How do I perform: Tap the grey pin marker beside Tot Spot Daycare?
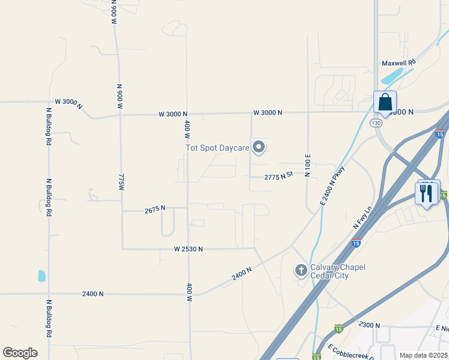pos(259,146)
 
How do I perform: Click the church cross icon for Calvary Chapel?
pos(301,271)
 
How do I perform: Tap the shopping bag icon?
pos(384,102)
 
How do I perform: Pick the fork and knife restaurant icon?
pos(427,193)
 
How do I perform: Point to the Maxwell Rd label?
pos(399,62)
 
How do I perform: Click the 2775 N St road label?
pos(279,176)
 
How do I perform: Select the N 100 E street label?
pos(307,163)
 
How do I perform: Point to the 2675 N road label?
pos(155,210)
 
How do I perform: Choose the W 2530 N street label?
pos(188,248)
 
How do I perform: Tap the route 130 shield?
pos(376,123)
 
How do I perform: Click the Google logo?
pos(20,353)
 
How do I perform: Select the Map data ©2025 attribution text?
pos(423,355)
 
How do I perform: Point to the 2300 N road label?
pos(369,325)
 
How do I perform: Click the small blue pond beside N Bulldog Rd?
pos(41,276)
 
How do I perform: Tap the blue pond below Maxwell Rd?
pos(393,76)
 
